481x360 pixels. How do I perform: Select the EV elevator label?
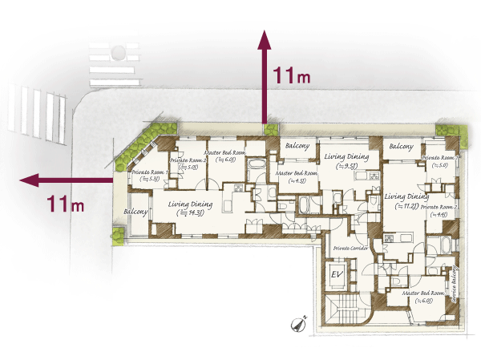(x=338, y=275)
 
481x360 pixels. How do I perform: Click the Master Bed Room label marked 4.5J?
(x=297, y=176)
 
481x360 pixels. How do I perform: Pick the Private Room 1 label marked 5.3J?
(x=148, y=176)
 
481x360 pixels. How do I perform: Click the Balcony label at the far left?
(x=135, y=212)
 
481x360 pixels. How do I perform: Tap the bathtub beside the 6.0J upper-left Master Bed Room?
(x=257, y=168)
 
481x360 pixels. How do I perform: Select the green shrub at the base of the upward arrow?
(x=271, y=129)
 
